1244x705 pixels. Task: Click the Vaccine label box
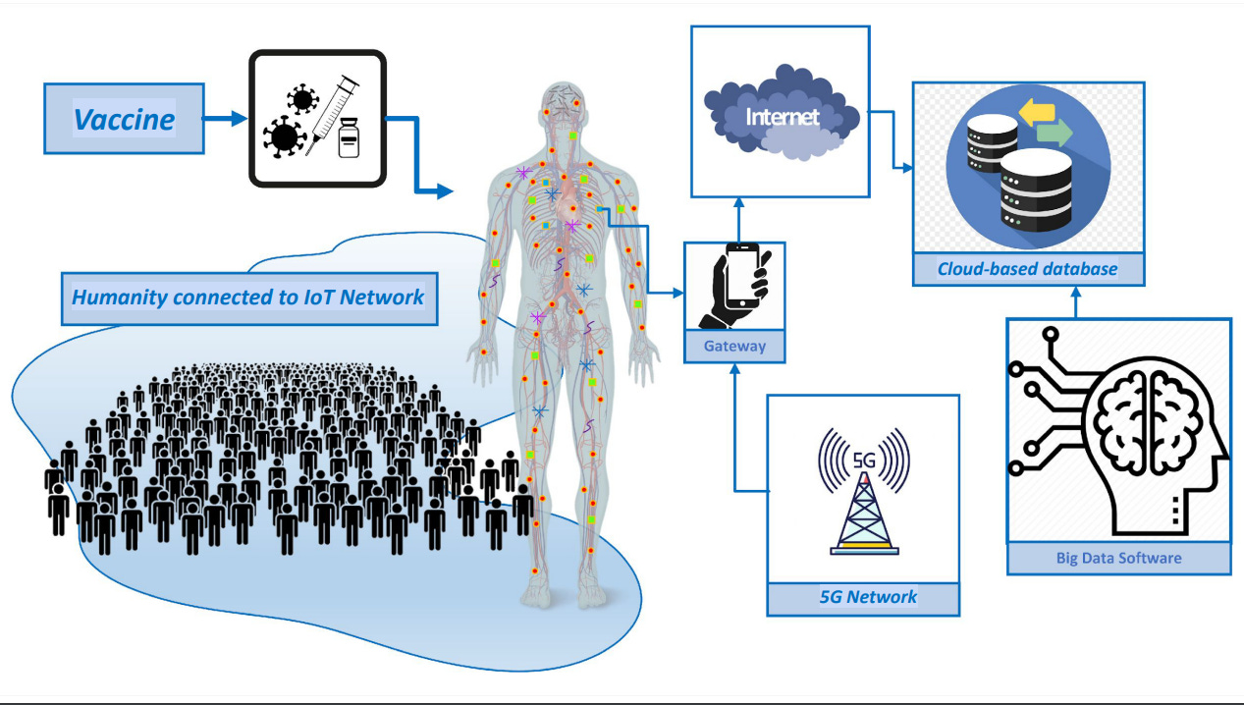pos(124,119)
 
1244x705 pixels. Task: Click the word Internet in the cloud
pos(782,117)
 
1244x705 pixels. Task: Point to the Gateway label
pos(734,346)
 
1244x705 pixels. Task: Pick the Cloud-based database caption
pos(1027,268)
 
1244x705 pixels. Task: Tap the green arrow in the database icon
pos(1053,133)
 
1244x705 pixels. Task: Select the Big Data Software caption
pos(1118,558)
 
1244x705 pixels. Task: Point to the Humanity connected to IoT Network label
pos(249,296)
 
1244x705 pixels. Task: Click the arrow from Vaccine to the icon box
pos(225,119)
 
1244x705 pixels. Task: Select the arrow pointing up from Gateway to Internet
pos(738,218)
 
